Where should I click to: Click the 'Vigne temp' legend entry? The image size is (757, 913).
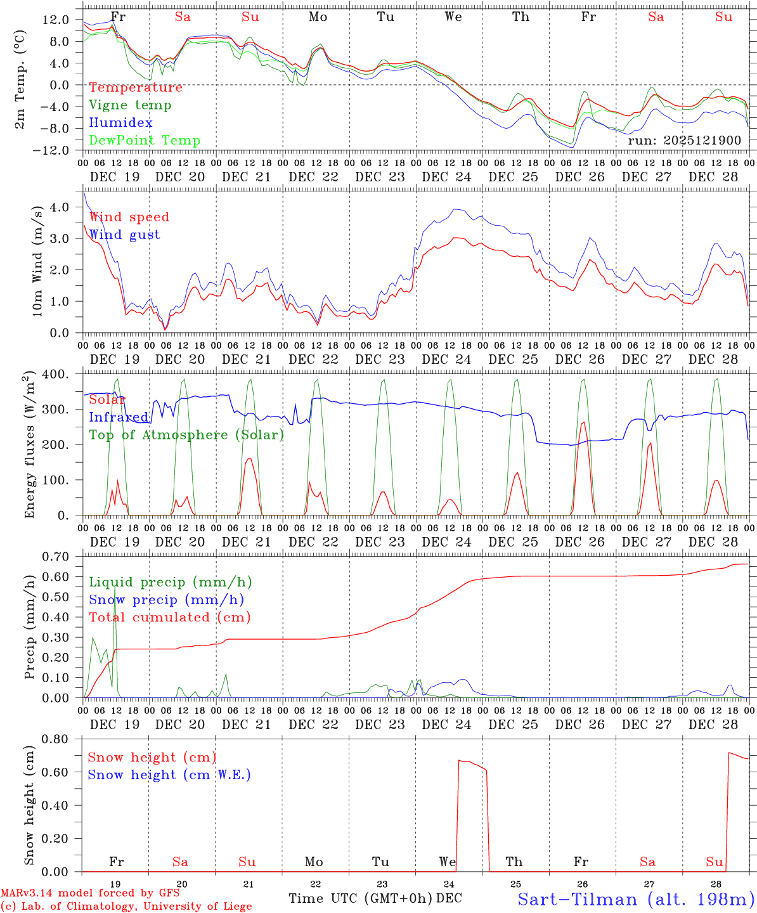click(x=130, y=105)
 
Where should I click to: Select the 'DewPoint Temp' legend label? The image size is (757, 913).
click(x=145, y=141)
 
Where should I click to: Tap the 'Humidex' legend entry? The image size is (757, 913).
click(x=120, y=123)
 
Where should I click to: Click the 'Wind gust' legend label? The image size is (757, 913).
click(x=124, y=235)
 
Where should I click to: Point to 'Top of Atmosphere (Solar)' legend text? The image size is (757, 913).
click(x=186, y=435)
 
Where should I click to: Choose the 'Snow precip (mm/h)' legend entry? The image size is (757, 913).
click(x=166, y=600)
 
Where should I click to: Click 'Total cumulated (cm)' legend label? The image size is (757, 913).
click(x=169, y=617)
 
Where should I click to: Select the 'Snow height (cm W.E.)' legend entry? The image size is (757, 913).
click(x=169, y=775)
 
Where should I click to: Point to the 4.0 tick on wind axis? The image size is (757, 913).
click(x=61, y=207)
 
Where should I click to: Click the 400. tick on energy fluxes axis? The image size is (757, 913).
click(x=56, y=374)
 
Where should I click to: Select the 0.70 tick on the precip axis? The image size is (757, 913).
click(x=56, y=557)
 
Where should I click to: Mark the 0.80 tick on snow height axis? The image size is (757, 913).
click(x=56, y=739)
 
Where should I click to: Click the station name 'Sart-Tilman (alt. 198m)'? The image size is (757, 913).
click(x=635, y=899)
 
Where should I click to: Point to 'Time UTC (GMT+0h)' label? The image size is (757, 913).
click(x=361, y=898)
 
